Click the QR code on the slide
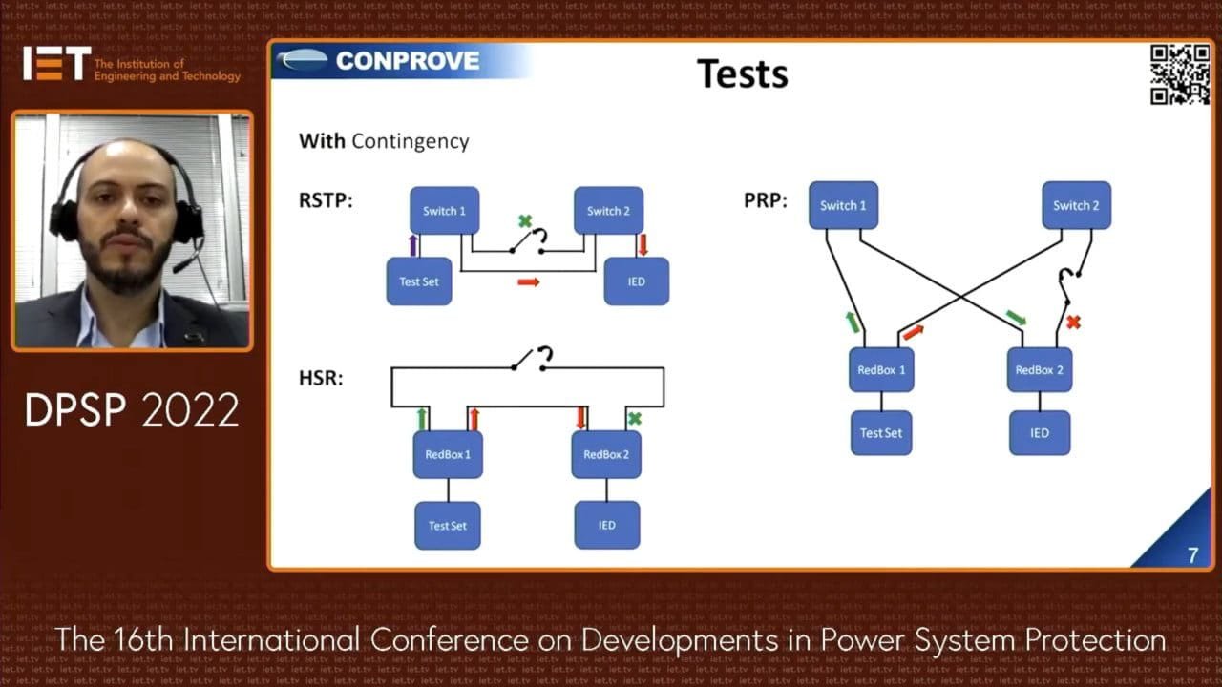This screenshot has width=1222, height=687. click(1180, 73)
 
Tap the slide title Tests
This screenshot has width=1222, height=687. click(742, 73)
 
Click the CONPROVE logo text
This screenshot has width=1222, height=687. click(408, 61)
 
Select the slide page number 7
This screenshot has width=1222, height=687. click(1192, 554)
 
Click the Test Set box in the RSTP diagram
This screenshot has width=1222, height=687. click(419, 281)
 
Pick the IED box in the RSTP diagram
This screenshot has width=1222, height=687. click(637, 281)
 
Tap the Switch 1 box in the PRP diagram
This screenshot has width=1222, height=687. click(843, 205)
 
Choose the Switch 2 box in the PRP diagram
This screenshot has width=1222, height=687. click(1076, 205)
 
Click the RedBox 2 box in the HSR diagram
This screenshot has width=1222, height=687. click(606, 454)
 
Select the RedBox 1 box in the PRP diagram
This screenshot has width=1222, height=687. click(881, 369)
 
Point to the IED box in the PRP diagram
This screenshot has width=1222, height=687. click(1040, 432)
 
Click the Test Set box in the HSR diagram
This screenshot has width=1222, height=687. click(448, 525)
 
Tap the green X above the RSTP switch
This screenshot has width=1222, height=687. click(524, 221)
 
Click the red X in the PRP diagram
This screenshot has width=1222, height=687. click(1073, 323)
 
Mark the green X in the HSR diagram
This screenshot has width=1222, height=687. click(634, 418)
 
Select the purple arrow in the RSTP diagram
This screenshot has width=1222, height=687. click(412, 244)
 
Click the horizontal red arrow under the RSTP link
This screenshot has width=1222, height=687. click(529, 282)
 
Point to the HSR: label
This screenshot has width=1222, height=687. click(321, 378)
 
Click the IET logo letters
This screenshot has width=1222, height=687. click(56, 63)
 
